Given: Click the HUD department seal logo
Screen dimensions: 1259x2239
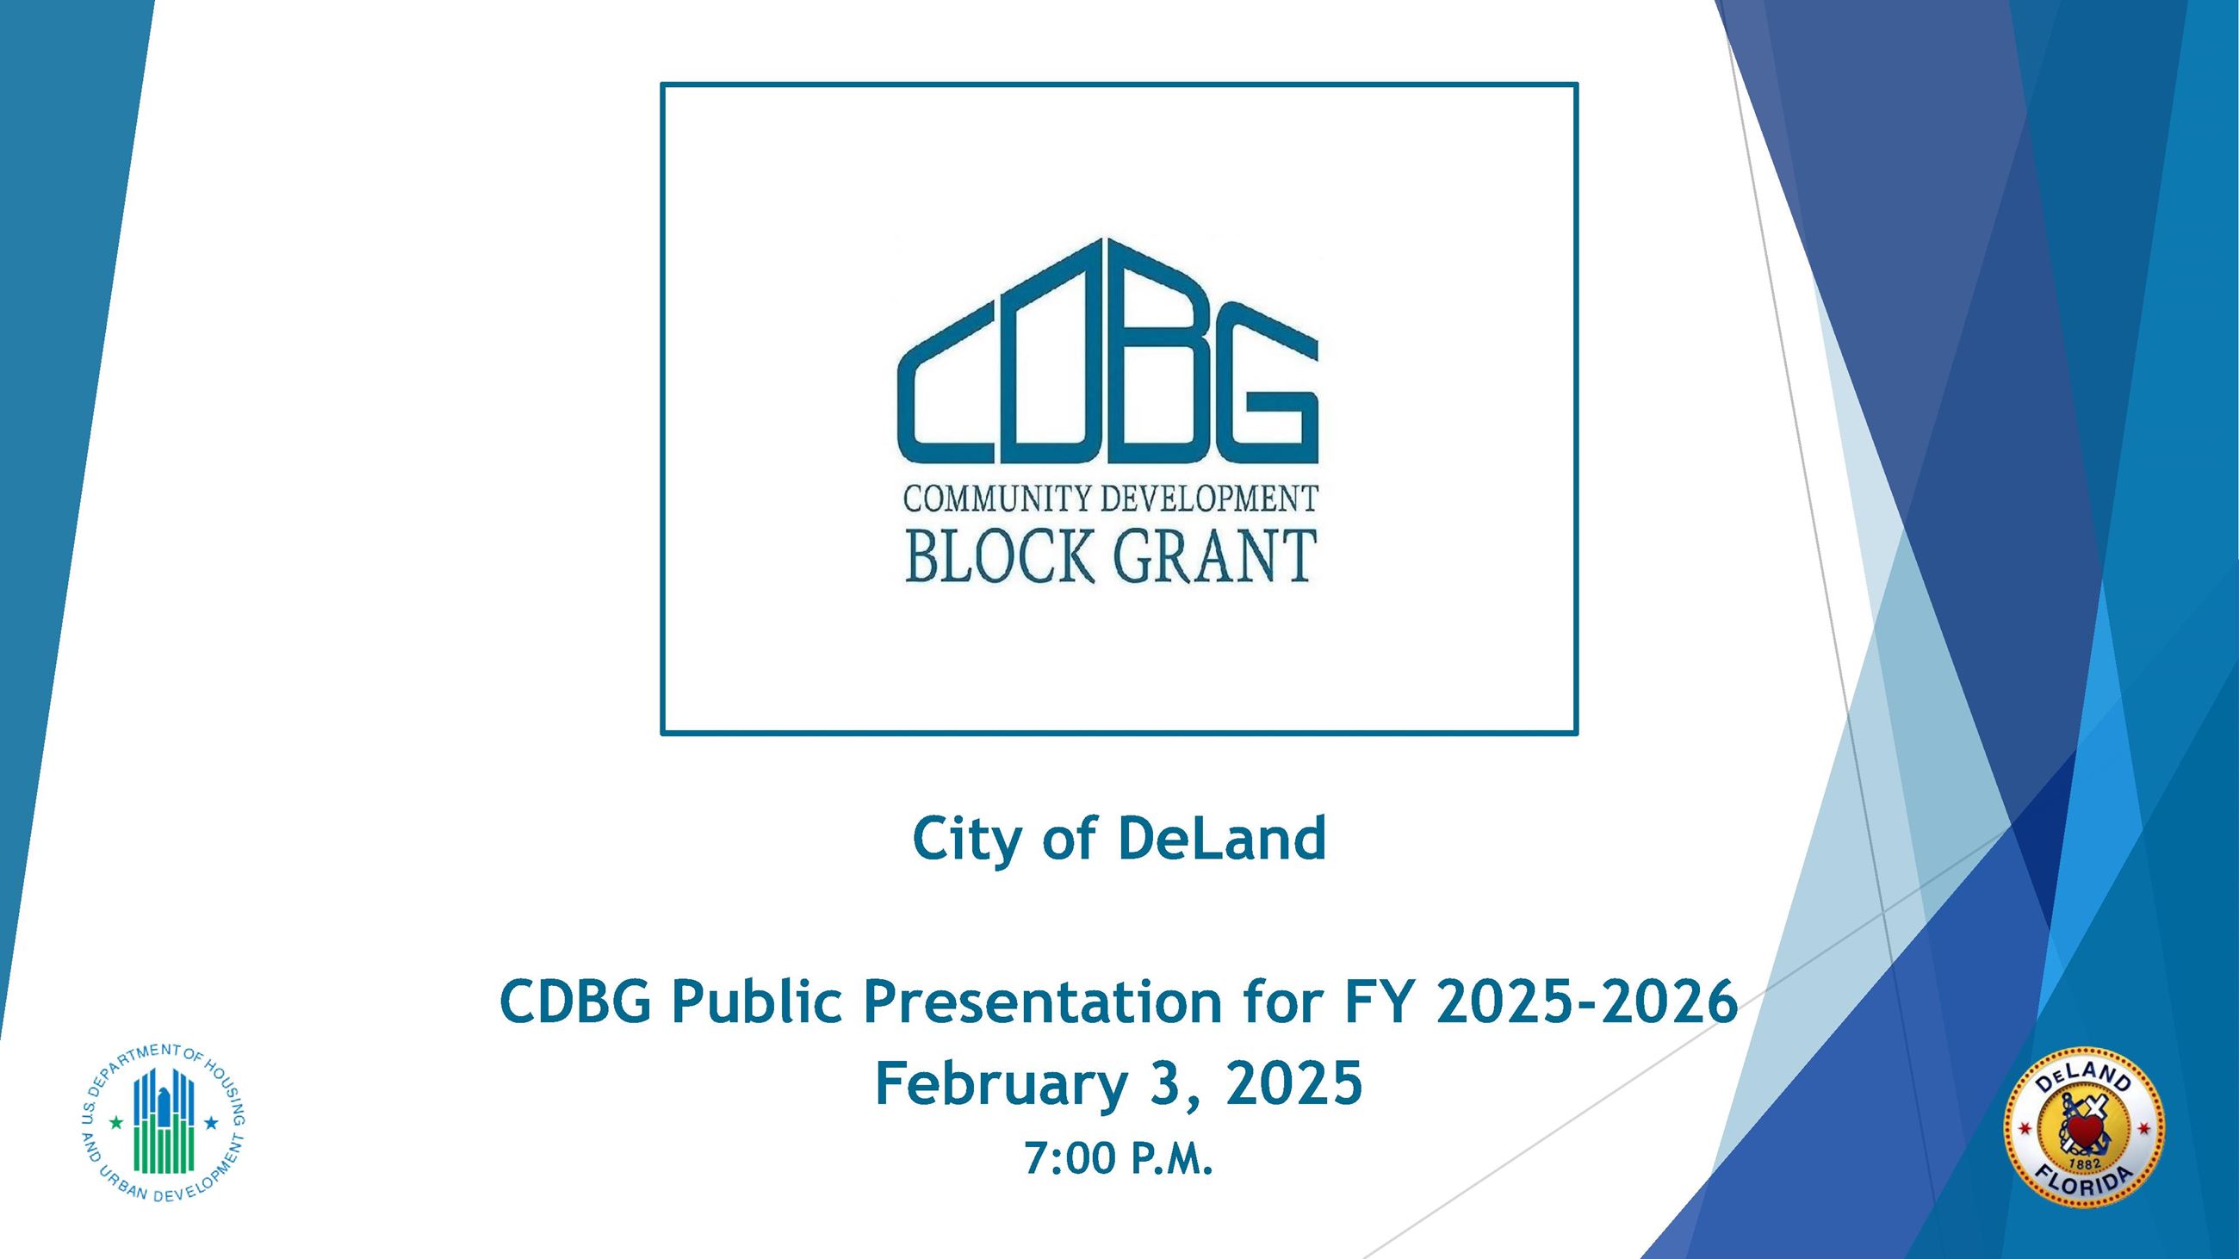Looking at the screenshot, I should [x=163, y=1123].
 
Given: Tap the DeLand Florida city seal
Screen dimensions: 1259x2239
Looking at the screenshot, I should [x=2083, y=1127].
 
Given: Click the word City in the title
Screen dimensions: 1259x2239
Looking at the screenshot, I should [x=968, y=840].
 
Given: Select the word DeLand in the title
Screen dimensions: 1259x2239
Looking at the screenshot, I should [x=1221, y=840].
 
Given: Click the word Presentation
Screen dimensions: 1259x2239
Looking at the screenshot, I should [x=1042, y=1002].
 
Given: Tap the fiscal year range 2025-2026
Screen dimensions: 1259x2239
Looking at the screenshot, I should [x=1586, y=1002].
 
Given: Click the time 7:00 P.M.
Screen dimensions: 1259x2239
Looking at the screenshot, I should [x=1118, y=1158].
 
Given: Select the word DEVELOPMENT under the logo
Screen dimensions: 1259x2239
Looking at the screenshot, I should [x=1209, y=499].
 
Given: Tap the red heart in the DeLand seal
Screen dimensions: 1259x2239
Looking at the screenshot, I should [x=2083, y=1132].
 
